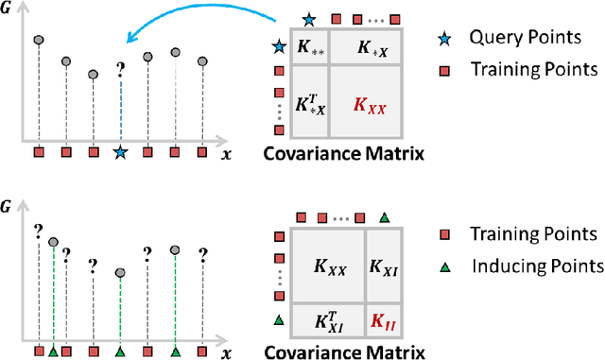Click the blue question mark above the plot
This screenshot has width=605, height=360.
click(120, 69)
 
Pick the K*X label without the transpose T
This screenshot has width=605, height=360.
click(371, 46)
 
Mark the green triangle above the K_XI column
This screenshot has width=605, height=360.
click(384, 217)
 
